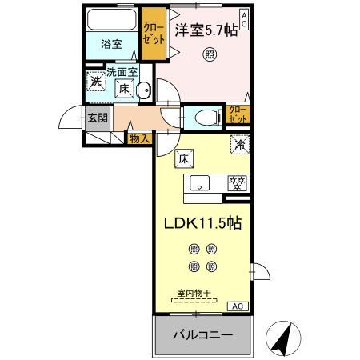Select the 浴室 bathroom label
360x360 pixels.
[x=111, y=44]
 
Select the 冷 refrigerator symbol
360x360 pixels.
[x=238, y=146]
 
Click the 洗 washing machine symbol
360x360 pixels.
[x=95, y=81]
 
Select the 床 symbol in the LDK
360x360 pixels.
[x=183, y=159]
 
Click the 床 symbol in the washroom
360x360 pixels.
[x=125, y=90]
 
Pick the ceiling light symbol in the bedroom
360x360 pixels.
[x=209, y=54]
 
